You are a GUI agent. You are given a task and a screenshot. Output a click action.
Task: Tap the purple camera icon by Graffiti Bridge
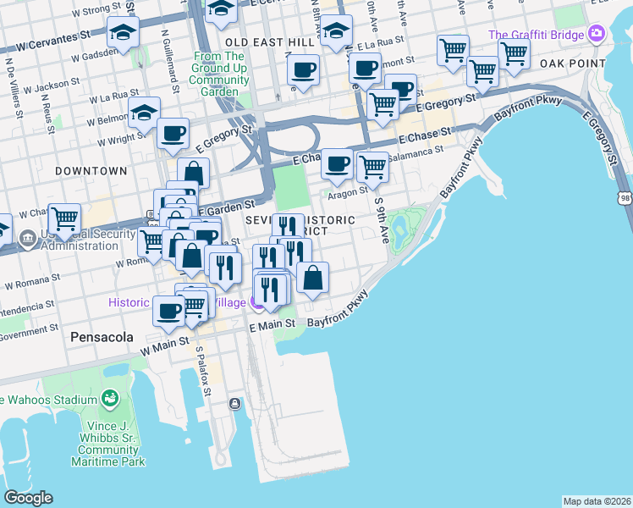(x=597, y=34)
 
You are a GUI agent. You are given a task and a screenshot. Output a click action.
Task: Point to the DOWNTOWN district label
(x=91, y=170)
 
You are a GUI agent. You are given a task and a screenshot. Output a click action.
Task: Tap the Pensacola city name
(x=102, y=336)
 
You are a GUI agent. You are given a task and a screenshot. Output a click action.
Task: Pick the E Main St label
(x=272, y=323)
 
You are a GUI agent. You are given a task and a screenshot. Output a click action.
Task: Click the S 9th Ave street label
(x=382, y=221)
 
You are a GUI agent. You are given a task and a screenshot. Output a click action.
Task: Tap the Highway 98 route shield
(x=625, y=197)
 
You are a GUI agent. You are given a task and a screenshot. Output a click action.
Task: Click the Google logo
(x=28, y=498)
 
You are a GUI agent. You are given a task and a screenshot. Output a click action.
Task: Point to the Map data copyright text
(x=597, y=501)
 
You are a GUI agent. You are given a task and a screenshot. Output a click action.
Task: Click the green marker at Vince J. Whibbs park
(x=109, y=398)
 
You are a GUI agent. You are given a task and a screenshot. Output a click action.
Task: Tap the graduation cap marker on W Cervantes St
(x=123, y=34)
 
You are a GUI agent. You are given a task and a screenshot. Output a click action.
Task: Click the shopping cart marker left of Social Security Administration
(x=64, y=218)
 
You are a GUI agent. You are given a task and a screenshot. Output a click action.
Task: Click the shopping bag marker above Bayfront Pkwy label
(x=312, y=278)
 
